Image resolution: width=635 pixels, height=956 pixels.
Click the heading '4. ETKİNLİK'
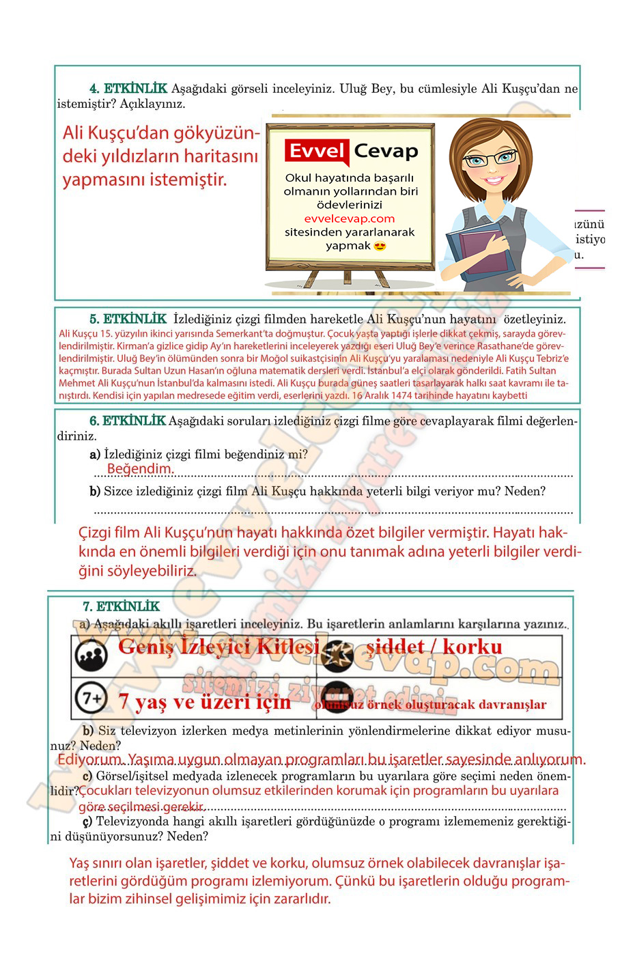coord(128,88)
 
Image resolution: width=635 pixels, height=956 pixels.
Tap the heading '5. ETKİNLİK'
coord(128,319)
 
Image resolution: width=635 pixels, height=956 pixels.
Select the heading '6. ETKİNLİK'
coord(128,421)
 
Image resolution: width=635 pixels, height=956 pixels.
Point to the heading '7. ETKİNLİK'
coord(121,606)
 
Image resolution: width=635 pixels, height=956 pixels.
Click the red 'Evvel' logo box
coord(317,151)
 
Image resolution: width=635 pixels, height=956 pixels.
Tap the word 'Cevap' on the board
coord(386,151)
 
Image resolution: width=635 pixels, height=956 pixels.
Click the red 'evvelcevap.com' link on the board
coord(350,219)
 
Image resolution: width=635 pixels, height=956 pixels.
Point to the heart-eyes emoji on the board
coord(380,246)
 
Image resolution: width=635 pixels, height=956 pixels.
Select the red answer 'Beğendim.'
coord(140,468)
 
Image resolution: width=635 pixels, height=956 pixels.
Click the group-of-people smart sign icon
coord(91,655)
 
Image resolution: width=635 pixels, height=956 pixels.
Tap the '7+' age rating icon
coord(91,699)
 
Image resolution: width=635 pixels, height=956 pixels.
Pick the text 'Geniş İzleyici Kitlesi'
coord(218,646)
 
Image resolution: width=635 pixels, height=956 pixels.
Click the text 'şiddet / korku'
coord(434,646)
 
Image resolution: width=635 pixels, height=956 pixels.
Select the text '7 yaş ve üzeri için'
coord(204,701)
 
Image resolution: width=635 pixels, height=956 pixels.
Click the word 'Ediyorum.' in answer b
coord(89,759)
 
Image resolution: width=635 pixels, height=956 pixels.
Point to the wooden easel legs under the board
coord(348,277)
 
